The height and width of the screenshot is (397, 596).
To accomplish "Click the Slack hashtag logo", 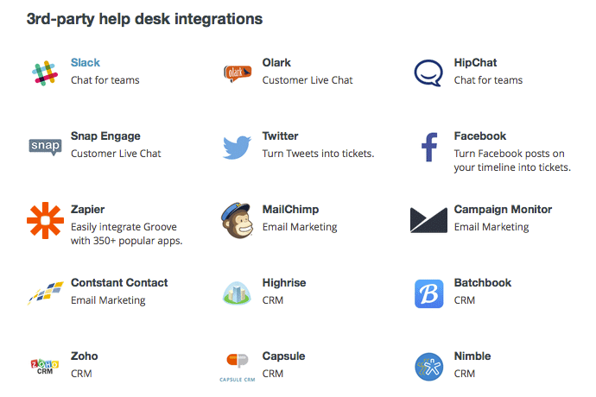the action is (45, 73).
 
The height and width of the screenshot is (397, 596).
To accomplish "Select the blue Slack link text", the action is (86, 63).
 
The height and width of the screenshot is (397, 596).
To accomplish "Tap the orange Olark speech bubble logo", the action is (238, 73).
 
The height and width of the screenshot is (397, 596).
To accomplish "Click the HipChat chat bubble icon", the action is (428, 72).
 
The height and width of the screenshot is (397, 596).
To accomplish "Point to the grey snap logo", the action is (45, 147).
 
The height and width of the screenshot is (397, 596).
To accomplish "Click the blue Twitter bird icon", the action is (237, 148).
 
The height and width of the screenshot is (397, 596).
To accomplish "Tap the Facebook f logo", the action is (429, 148).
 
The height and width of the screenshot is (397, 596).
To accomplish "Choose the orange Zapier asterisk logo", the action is (45, 220).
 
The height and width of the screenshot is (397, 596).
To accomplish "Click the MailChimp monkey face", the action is (238, 220).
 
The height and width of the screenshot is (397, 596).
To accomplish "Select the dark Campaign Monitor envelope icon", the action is (428, 220).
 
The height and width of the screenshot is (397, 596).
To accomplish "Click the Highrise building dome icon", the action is (237, 293).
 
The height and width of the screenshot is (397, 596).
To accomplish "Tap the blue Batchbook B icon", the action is (428, 293).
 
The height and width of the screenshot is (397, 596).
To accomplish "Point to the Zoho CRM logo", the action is (45, 366).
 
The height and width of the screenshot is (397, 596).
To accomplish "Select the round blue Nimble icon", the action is (428, 367).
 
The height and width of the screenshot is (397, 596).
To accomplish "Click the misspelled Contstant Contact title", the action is (119, 283).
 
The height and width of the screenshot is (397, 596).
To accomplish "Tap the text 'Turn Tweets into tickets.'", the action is (318, 154).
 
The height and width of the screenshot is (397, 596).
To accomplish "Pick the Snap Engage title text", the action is (105, 136).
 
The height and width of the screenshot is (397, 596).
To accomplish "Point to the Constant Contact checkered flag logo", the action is (45, 293).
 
